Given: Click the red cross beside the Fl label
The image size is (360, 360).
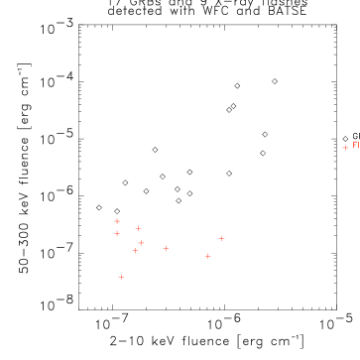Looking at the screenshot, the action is click(x=345, y=148).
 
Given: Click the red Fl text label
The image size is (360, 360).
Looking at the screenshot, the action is click(x=355, y=145).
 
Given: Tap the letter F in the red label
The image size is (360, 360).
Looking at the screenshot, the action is click(x=354, y=145).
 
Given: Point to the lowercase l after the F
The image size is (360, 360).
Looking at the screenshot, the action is click(x=358, y=145).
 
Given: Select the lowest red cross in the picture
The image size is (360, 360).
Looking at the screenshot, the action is click(x=121, y=277).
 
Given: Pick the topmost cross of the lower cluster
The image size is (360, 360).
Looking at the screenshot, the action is click(x=117, y=221).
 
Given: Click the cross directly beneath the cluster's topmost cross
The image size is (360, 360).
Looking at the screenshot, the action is click(x=117, y=234).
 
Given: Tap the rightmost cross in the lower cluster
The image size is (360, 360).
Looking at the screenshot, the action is click(x=221, y=238).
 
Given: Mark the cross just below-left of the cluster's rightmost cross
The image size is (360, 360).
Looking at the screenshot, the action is click(x=207, y=256).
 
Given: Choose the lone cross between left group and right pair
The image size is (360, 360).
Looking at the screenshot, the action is click(x=166, y=248).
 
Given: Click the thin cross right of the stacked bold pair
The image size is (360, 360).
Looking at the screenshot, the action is click(x=138, y=228).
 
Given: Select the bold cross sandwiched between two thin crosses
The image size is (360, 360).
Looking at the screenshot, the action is click(x=141, y=243).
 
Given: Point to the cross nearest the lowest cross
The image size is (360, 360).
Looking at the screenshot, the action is click(x=136, y=251).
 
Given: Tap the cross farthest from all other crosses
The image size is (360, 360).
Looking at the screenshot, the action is click(x=345, y=148).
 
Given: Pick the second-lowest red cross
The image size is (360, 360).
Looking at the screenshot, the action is click(x=207, y=256).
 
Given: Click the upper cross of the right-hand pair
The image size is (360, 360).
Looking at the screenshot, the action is click(x=221, y=238).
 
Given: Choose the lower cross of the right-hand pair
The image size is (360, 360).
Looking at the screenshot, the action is click(x=207, y=256).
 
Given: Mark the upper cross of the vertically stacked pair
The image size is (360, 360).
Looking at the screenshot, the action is click(x=117, y=221).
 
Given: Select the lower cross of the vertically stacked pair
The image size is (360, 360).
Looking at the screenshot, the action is click(x=117, y=234).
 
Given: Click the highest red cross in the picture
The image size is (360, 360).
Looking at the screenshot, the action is click(x=345, y=148).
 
